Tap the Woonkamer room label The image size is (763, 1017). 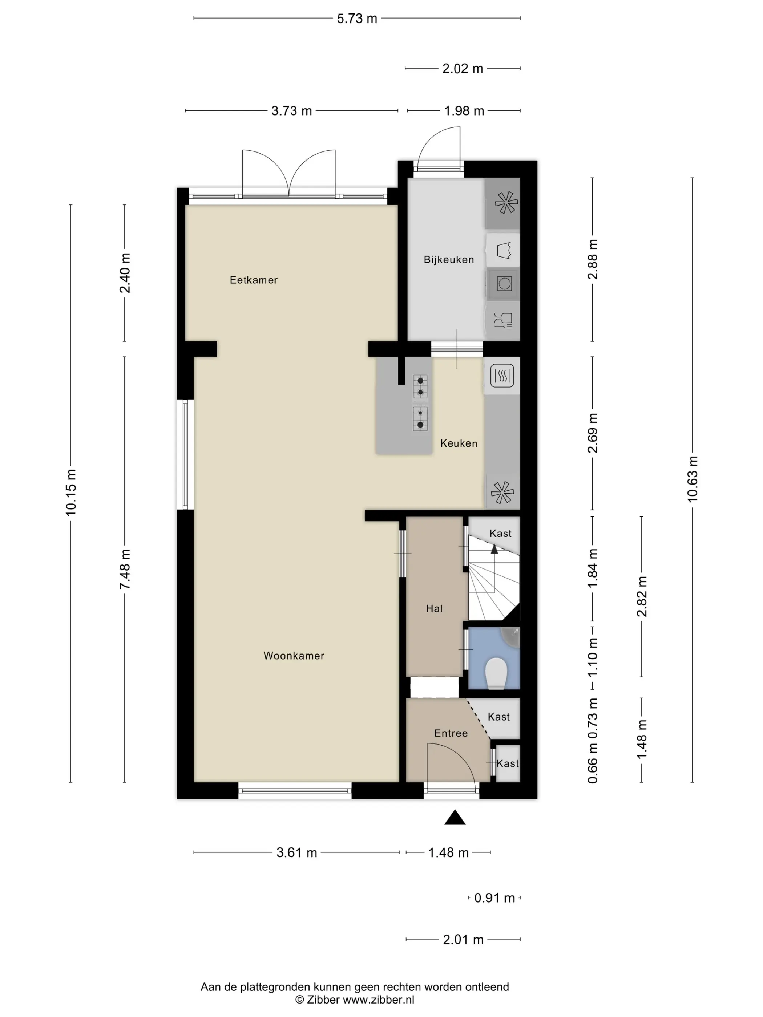point(294,656)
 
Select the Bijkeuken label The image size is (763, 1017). point(448,260)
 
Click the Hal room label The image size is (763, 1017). point(434,608)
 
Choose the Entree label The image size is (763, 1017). point(451,733)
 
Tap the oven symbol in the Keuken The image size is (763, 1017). point(502,376)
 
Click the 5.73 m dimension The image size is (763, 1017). point(357,19)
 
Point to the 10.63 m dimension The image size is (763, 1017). point(692,479)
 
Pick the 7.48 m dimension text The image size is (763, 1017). point(125,569)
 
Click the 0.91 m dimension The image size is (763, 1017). point(494,898)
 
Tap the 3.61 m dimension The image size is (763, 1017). point(296,853)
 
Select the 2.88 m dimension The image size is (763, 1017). point(592,259)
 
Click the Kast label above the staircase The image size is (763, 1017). point(500,533)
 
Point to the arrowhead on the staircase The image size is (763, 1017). point(494,548)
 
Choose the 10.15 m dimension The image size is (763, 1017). point(71,493)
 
